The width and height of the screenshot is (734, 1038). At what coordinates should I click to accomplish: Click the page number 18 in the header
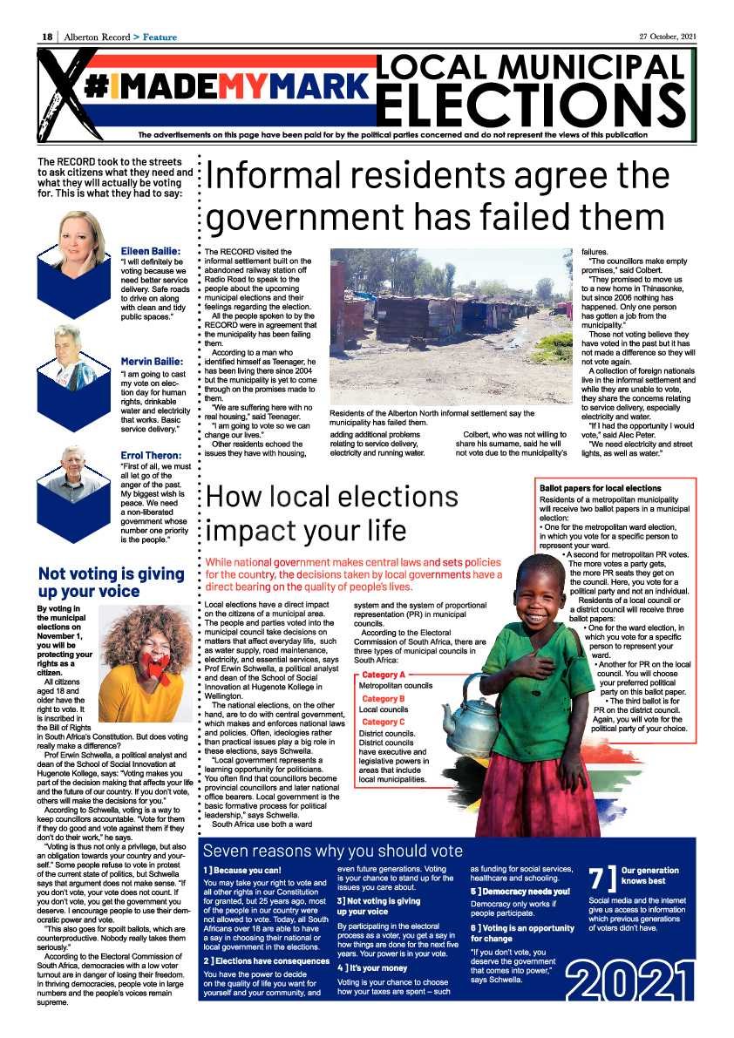[48, 37]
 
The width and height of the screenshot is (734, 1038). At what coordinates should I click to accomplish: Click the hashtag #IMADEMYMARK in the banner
[226, 85]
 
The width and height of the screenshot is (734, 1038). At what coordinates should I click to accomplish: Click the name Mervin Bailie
[152, 361]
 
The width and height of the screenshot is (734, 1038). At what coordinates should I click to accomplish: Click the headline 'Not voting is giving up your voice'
[112, 582]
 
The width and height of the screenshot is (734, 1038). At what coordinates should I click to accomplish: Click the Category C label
[384, 722]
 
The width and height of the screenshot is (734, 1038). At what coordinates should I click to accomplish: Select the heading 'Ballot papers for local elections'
[601, 488]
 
